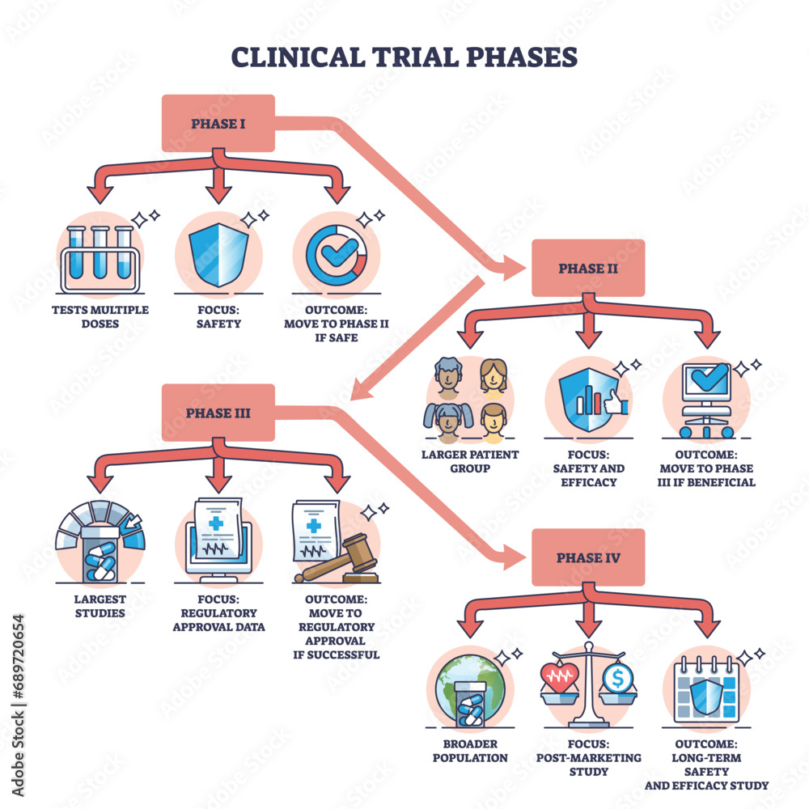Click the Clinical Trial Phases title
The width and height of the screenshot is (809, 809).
[404, 58]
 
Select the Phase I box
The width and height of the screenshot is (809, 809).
[218, 123]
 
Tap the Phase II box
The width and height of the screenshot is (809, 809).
[587, 268]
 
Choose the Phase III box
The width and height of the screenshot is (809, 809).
[218, 413]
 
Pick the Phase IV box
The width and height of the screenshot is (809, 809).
[587, 557]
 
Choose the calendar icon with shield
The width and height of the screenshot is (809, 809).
[705, 692]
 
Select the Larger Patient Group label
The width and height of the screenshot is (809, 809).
[469, 461]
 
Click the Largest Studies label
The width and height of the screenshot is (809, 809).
[100, 606]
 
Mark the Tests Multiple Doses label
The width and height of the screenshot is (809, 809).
[100, 316]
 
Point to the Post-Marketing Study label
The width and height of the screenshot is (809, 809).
[588, 765]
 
